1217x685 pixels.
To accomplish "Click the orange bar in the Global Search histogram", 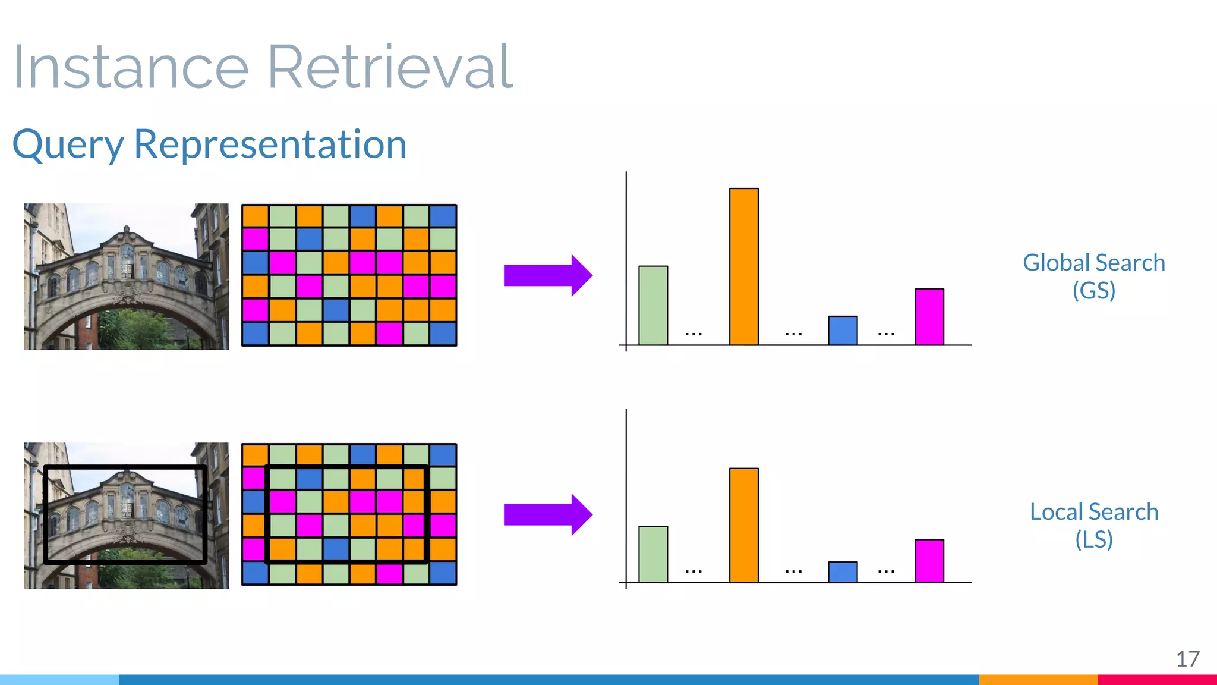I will tap(743, 266).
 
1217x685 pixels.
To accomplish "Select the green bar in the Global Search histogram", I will tap(653, 305).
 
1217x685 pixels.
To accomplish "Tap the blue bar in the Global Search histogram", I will tap(843, 331).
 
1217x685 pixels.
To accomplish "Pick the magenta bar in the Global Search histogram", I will tap(929, 317).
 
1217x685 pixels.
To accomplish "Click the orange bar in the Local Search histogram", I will tap(743, 525).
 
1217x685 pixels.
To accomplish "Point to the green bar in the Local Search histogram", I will tap(653, 554).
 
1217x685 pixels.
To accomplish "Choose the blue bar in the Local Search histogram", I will tap(843, 572).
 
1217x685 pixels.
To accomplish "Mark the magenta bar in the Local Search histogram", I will tap(929, 561).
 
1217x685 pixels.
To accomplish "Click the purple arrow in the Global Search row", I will tap(547, 275).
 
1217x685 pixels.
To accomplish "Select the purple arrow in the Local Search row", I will tap(547, 514).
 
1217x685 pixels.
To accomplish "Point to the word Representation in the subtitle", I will tap(270, 144).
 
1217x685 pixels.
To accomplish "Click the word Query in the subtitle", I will tap(68, 146).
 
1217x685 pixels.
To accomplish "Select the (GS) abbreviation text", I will tap(1093, 291).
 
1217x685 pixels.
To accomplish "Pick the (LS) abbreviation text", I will tap(1093, 539).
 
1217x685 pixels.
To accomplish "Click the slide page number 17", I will tap(1187, 659).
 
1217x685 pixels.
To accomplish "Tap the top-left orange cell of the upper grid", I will tap(256, 216).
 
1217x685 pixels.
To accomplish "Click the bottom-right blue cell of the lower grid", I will tap(443, 573).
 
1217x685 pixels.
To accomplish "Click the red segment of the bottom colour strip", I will tap(1157, 679).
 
